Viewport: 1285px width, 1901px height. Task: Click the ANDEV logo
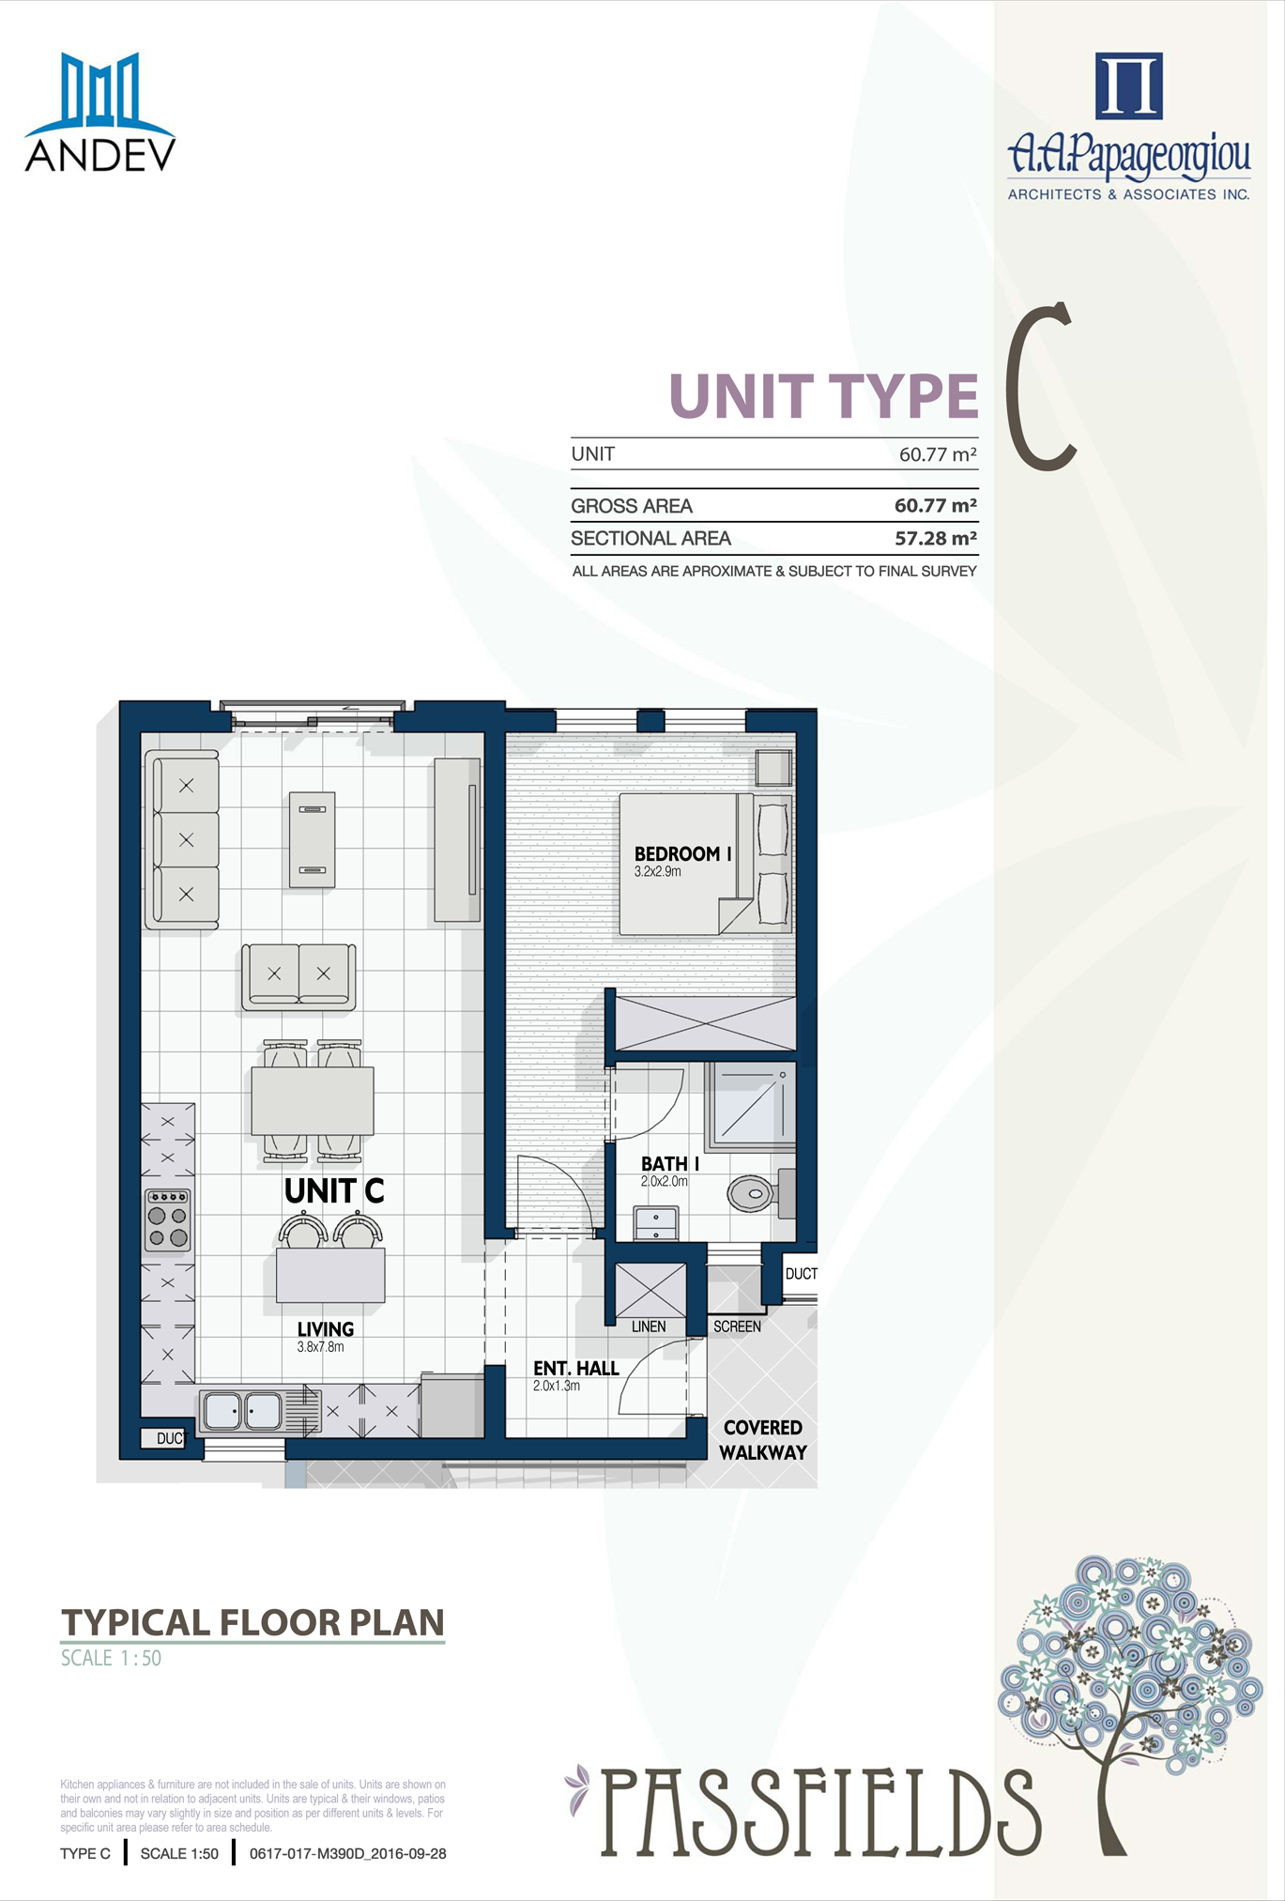(x=99, y=112)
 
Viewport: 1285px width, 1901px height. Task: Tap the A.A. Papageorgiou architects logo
(x=1128, y=126)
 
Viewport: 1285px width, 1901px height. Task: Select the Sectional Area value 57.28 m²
(x=935, y=538)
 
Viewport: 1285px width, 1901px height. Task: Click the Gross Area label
(x=632, y=506)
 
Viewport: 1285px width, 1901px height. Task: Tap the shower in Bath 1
(x=750, y=1105)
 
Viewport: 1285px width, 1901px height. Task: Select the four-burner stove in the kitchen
(x=168, y=1219)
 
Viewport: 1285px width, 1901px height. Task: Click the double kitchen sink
(x=242, y=1411)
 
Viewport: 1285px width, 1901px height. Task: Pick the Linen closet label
(x=649, y=1326)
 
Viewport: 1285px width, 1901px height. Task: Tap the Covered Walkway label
(x=763, y=1440)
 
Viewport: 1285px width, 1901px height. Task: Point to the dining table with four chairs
(x=313, y=1100)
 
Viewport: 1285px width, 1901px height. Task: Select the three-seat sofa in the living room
(x=182, y=839)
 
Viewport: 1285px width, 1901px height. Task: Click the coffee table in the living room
(x=313, y=839)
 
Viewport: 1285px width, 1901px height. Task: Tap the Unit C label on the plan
(x=334, y=1191)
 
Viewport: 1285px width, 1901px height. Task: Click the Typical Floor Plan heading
(x=252, y=1623)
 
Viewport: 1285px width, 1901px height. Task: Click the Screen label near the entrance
(x=737, y=1326)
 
